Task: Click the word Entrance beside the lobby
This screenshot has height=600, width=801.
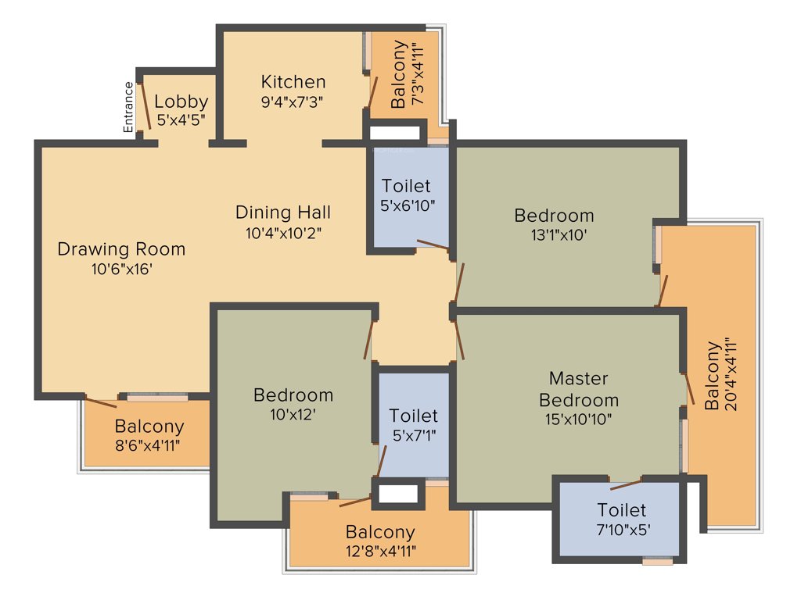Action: coord(129,107)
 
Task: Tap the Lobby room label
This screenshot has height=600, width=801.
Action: coord(181,102)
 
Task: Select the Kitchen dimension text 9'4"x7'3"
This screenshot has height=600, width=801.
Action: coord(293,101)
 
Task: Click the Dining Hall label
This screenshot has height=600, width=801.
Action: coord(283,212)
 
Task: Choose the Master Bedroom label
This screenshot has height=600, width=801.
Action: coord(578,389)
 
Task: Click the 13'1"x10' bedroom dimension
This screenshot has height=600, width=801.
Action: coord(555,234)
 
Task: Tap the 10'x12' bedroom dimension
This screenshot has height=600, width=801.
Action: coord(293,415)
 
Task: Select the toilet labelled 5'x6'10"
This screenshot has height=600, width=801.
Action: coord(406,195)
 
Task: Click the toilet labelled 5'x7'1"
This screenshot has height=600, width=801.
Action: coord(414,425)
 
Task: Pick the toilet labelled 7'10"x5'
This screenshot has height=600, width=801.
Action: coord(623,520)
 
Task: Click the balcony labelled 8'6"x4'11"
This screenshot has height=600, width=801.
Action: coord(149,436)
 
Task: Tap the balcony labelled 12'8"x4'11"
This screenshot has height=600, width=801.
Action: coord(380,541)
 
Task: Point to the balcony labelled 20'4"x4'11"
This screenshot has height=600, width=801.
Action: coord(720,375)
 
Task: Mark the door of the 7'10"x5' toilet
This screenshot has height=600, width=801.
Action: coord(626,480)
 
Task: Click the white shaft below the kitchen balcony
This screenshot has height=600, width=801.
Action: coord(395,134)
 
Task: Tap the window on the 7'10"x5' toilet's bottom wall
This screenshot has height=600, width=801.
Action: coord(657,561)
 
